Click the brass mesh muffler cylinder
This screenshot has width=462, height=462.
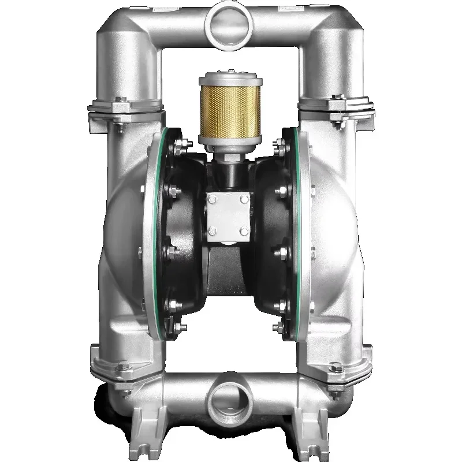(230, 113)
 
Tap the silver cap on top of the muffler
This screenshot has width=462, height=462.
(230, 80)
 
